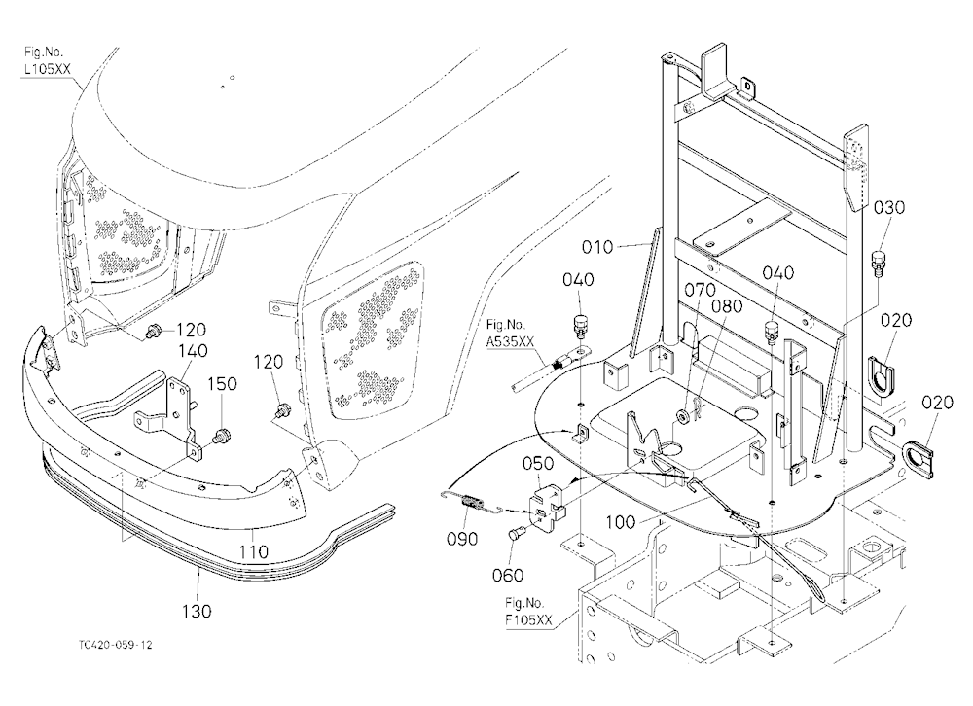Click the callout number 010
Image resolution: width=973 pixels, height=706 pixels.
[597, 247]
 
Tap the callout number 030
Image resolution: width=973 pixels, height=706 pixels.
[889, 207]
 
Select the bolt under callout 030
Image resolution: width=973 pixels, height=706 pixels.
[878, 263]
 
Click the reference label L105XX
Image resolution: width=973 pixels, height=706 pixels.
[47, 69]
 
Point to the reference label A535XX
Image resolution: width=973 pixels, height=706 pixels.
[510, 340]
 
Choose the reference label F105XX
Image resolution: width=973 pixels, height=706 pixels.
[528, 619]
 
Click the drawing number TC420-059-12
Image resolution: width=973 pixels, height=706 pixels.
[115, 645]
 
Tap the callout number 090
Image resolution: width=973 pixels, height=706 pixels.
[462, 539]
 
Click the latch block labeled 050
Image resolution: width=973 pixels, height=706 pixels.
[546, 502]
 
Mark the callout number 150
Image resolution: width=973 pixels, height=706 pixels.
[222, 384]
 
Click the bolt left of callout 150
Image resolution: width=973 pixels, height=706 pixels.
[220, 436]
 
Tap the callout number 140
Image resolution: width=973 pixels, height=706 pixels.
[193, 351]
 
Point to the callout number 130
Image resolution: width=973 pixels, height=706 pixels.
[197, 611]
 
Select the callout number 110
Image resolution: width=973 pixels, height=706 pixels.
[254, 551]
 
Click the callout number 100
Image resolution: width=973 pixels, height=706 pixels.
[620, 522]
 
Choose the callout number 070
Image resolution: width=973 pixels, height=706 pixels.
[700, 290]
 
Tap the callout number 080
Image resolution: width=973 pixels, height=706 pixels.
[726, 306]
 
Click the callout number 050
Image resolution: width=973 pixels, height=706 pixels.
[537, 464]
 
